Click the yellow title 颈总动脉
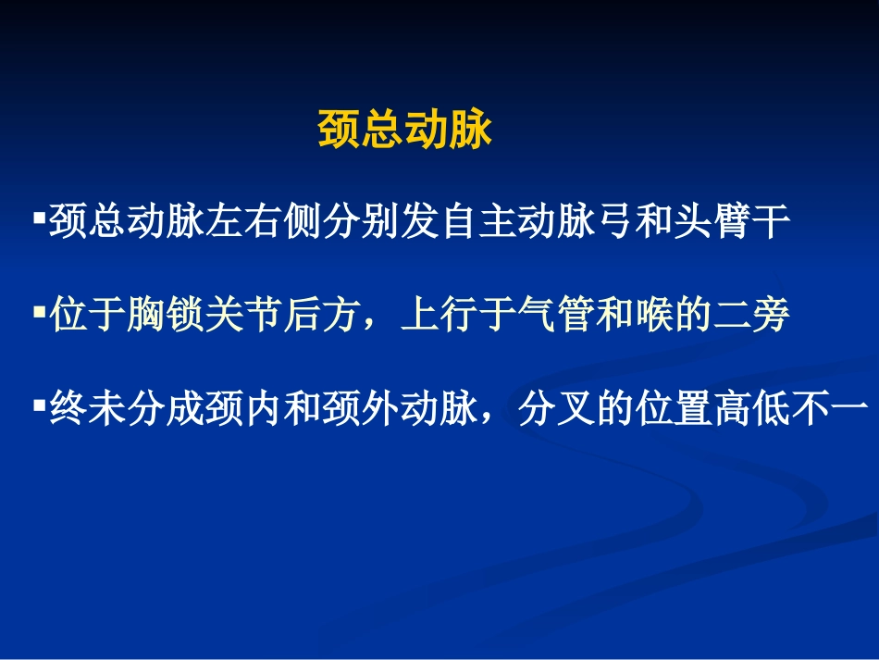tap(404, 131)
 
